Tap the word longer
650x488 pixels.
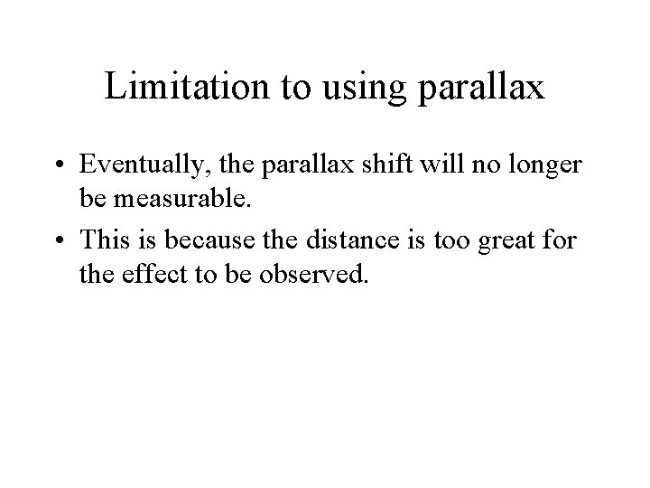[x=533, y=166]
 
